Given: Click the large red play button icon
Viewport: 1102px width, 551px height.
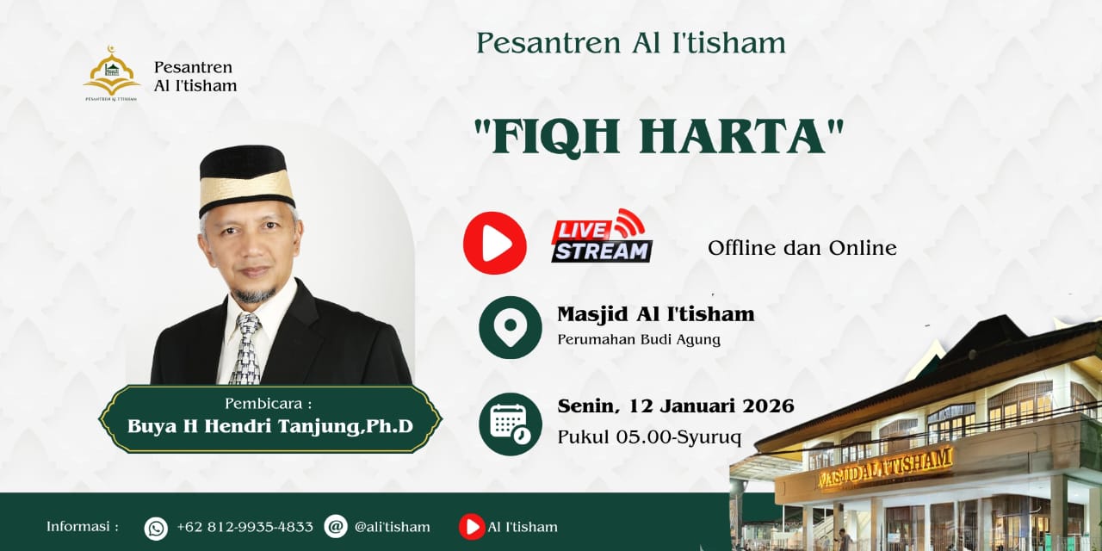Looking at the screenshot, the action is [x=494, y=243].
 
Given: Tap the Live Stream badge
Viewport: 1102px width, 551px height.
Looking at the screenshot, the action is [x=601, y=236].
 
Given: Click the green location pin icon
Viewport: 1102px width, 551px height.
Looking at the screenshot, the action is [x=511, y=327].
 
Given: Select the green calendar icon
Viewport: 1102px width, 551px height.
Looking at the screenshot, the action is [x=511, y=424].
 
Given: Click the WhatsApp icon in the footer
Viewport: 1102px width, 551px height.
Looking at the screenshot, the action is [x=156, y=529].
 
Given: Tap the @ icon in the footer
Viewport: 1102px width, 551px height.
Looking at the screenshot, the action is [x=336, y=527].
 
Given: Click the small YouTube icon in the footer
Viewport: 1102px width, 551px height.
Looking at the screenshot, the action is [x=472, y=527].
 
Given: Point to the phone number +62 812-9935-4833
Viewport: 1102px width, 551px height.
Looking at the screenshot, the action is [x=245, y=527].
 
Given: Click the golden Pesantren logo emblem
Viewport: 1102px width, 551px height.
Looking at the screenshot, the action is [x=112, y=73].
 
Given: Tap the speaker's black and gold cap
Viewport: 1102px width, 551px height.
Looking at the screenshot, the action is [x=246, y=179].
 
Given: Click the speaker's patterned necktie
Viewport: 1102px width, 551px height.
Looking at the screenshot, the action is [x=247, y=349].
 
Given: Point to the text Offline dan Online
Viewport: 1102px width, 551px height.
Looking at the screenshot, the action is [x=802, y=248].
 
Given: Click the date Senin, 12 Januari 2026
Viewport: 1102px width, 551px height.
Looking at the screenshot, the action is [x=676, y=406].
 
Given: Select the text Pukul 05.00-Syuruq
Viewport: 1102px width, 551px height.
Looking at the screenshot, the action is [x=649, y=436].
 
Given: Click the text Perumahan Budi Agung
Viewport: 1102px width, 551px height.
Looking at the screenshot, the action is [x=639, y=339].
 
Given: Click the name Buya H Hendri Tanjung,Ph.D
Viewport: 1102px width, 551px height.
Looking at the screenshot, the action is [x=270, y=426].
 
